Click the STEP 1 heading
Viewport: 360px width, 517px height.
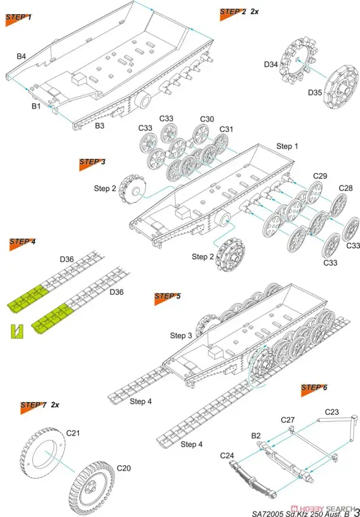point(19,17)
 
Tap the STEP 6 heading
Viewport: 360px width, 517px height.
point(314,388)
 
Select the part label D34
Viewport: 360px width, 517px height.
point(271,65)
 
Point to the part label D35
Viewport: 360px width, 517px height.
point(315,92)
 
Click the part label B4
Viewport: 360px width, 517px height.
point(21,56)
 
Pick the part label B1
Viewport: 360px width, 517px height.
point(36,106)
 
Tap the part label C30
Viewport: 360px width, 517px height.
point(207,119)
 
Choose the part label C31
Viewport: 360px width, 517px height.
point(226,129)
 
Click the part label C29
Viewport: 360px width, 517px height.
point(320,176)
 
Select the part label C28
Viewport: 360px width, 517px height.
point(346,188)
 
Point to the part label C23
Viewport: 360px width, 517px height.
point(332,412)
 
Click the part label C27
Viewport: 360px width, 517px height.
point(288,420)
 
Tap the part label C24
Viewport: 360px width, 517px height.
point(227,456)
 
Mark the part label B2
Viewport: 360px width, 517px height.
point(256,436)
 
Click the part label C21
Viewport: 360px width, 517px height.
point(73,433)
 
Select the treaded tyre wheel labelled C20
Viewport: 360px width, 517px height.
point(92,489)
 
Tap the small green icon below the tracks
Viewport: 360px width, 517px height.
point(17,332)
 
